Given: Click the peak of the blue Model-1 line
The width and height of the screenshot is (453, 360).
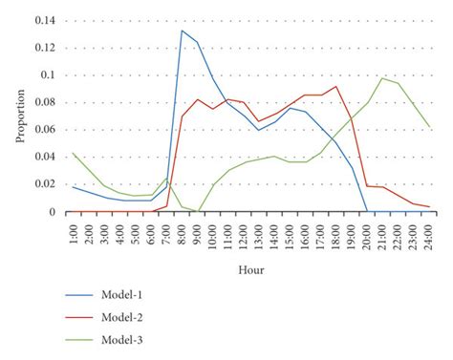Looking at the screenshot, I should pos(182,31).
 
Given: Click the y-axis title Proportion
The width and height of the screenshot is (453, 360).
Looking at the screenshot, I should pos(20,116).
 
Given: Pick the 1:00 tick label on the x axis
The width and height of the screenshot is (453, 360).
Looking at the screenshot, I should pos(74,232).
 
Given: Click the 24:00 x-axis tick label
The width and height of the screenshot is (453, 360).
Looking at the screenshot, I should pos(429,232).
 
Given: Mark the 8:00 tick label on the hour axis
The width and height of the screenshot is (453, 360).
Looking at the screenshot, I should pos(182,232).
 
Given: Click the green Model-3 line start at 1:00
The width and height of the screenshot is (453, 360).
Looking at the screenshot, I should pos(74,153).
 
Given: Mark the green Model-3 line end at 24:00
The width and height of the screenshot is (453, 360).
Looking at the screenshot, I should pos(429,127).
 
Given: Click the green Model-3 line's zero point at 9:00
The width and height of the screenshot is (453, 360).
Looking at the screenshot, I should pos(198,211).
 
